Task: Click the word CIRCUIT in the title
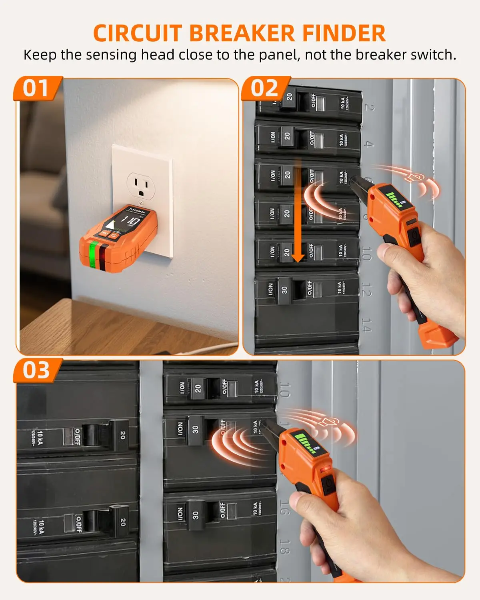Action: point(138,33)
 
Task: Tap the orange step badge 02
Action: point(264,88)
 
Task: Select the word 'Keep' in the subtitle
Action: point(40,55)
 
